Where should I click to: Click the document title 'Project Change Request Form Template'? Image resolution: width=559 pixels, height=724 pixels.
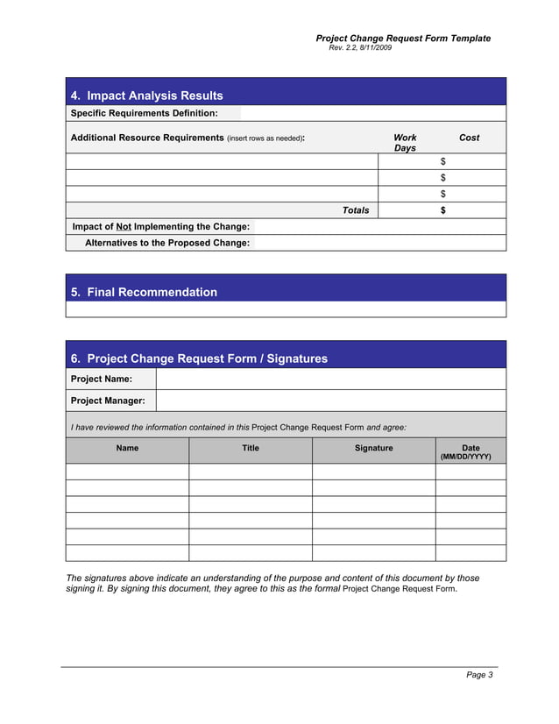pos(403,39)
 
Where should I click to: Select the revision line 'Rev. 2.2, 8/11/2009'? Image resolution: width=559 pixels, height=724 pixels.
pos(360,48)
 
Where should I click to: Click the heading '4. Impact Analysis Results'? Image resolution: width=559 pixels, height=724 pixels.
pos(146,96)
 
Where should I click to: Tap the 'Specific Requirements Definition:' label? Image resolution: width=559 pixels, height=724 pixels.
pos(144,113)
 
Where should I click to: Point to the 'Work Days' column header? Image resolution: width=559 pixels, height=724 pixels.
pos(405,143)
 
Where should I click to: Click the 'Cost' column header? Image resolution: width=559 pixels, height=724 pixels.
pos(469,138)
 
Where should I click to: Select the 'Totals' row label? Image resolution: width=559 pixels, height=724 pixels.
pos(355,210)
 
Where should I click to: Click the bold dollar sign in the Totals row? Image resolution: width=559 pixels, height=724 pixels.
pos(443,210)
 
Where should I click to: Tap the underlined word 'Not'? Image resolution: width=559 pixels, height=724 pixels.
pos(124,226)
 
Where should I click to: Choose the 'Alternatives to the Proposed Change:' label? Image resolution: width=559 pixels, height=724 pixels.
pos(166,243)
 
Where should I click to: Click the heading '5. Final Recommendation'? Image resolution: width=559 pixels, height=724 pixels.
pos(144,292)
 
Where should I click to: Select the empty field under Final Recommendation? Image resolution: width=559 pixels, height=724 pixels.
pos(286,309)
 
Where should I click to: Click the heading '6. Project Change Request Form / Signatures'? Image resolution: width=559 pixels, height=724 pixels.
pos(199,358)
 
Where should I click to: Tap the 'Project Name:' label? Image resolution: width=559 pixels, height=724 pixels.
pos(102,379)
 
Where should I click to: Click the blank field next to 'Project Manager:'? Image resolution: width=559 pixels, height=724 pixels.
pos(330,401)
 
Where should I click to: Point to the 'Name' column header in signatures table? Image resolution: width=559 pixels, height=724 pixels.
pos(127,448)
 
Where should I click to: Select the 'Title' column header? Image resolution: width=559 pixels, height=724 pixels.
pos(251,448)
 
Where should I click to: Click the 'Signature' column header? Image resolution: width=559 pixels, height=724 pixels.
pos(373,448)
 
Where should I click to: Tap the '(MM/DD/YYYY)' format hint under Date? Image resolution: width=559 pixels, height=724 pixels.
pos(471,457)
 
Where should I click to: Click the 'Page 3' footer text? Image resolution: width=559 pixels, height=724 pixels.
pos(479,675)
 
